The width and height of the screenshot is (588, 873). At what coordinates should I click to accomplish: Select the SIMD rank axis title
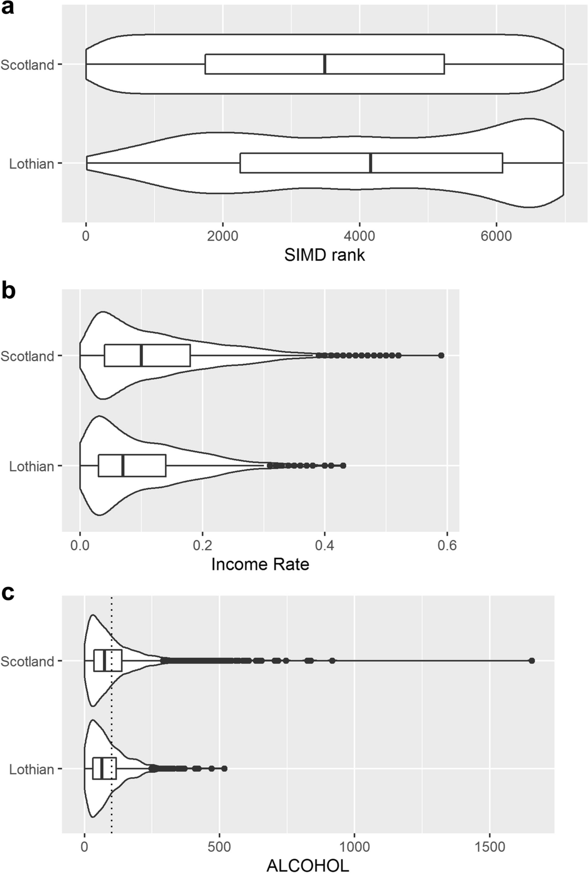click(x=324, y=255)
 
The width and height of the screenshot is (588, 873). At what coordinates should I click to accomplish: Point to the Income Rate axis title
click(x=260, y=564)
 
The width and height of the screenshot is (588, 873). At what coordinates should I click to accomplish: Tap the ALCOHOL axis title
click(x=308, y=866)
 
